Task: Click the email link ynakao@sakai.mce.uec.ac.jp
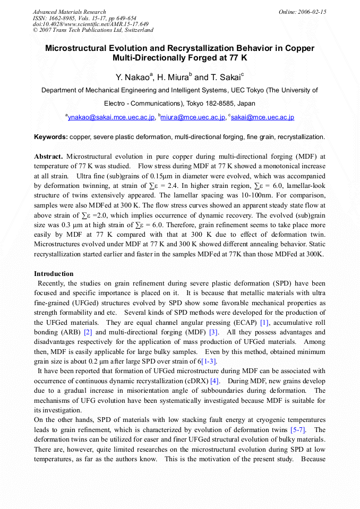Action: (x=111, y=117)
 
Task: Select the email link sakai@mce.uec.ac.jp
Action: (x=262, y=117)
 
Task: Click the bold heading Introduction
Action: (x=54, y=274)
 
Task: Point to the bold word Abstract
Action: (x=48, y=157)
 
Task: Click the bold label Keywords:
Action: (x=50, y=137)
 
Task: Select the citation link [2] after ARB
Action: (x=88, y=332)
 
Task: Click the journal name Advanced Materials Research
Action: (x=69, y=12)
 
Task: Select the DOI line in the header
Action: (x=90, y=24)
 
